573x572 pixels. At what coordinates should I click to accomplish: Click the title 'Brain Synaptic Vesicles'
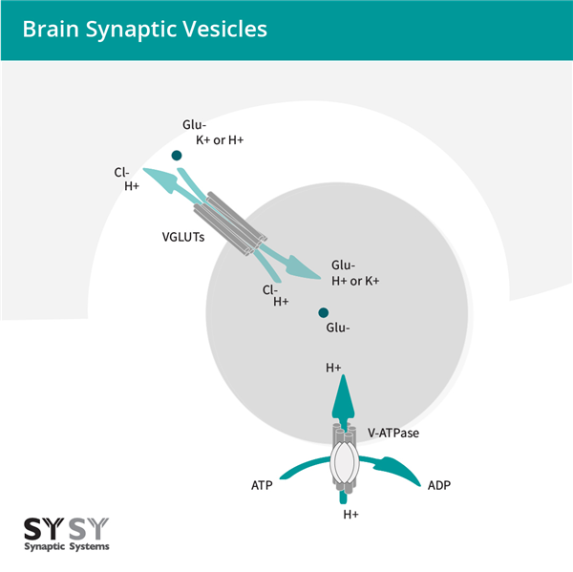point(144,29)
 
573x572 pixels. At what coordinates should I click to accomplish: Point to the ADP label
point(439,485)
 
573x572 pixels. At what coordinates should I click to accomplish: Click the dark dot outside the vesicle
point(177,155)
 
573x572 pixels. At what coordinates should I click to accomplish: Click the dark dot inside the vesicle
point(324,312)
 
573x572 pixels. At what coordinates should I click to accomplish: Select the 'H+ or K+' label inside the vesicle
point(355,281)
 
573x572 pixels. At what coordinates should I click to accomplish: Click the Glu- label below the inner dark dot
point(337,328)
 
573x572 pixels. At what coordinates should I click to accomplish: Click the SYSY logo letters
point(65,528)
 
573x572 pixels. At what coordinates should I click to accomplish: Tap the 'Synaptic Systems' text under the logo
point(65,546)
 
